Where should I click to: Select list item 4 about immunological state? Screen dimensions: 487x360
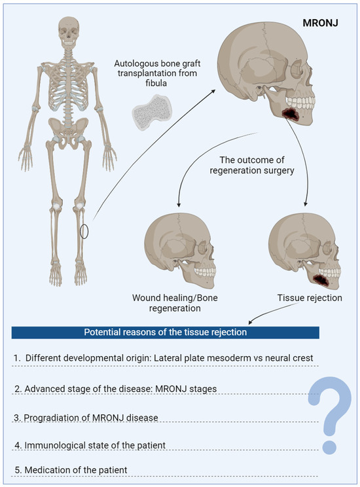[90, 445]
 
